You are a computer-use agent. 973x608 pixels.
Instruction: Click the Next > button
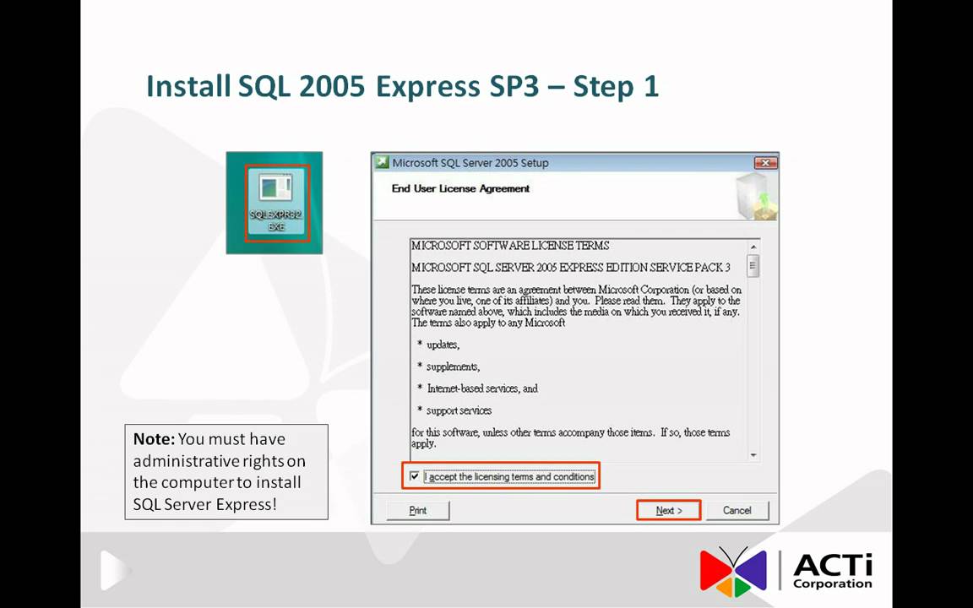668,510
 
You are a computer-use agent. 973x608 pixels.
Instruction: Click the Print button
418,510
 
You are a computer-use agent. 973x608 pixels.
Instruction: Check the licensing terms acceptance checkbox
414,476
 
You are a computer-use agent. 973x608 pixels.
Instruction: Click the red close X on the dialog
765,163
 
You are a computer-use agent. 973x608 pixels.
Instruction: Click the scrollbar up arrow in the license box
752,247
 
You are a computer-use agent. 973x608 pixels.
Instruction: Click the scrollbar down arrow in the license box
752,455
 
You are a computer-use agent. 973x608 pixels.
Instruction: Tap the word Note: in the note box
154,439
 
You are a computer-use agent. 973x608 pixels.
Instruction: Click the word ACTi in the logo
832,565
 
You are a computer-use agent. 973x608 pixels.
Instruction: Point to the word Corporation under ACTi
832,584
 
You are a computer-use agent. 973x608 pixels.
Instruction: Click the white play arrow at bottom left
113,570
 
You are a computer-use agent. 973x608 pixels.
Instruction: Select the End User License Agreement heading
460,188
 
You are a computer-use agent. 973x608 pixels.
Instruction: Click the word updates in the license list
443,345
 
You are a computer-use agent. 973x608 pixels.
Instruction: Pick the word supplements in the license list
452,366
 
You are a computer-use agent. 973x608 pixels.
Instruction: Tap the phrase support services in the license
459,410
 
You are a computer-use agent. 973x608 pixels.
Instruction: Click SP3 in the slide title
514,86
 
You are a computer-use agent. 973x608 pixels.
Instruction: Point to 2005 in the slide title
330,86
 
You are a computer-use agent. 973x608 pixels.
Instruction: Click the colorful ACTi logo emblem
732,571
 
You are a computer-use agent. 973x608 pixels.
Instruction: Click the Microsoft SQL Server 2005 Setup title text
470,163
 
